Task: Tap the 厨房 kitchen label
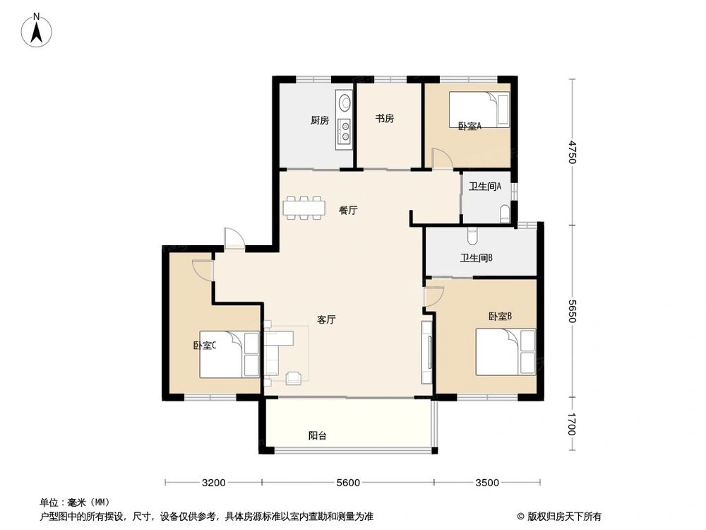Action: pyautogui.click(x=320, y=120)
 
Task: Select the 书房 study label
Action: pyautogui.click(x=384, y=119)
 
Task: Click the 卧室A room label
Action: pyautogui.click(x=469, y=126)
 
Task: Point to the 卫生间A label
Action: pyautogui.click(x=485, y=187)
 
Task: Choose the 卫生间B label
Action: pyautogui.click(x=477, y=258)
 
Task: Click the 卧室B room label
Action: pyautogui.click(x=500, y=317)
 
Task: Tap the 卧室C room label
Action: pyautogui.click(x=205, y=346)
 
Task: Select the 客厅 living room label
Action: pyautogui.click(x=326, y=320)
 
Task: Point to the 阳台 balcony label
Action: pyautogui.click(x=318, y=436)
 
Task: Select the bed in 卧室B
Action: pyautogui.click(x=505, y=351)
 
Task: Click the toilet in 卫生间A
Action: pyautogui.click(x=505, y=214)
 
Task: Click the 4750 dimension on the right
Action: pyautogui.click(x=573, y=152)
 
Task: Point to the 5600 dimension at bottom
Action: pyautogui.click(x=348, y=483)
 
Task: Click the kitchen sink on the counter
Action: pyautogui.click(x=344, y=103)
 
